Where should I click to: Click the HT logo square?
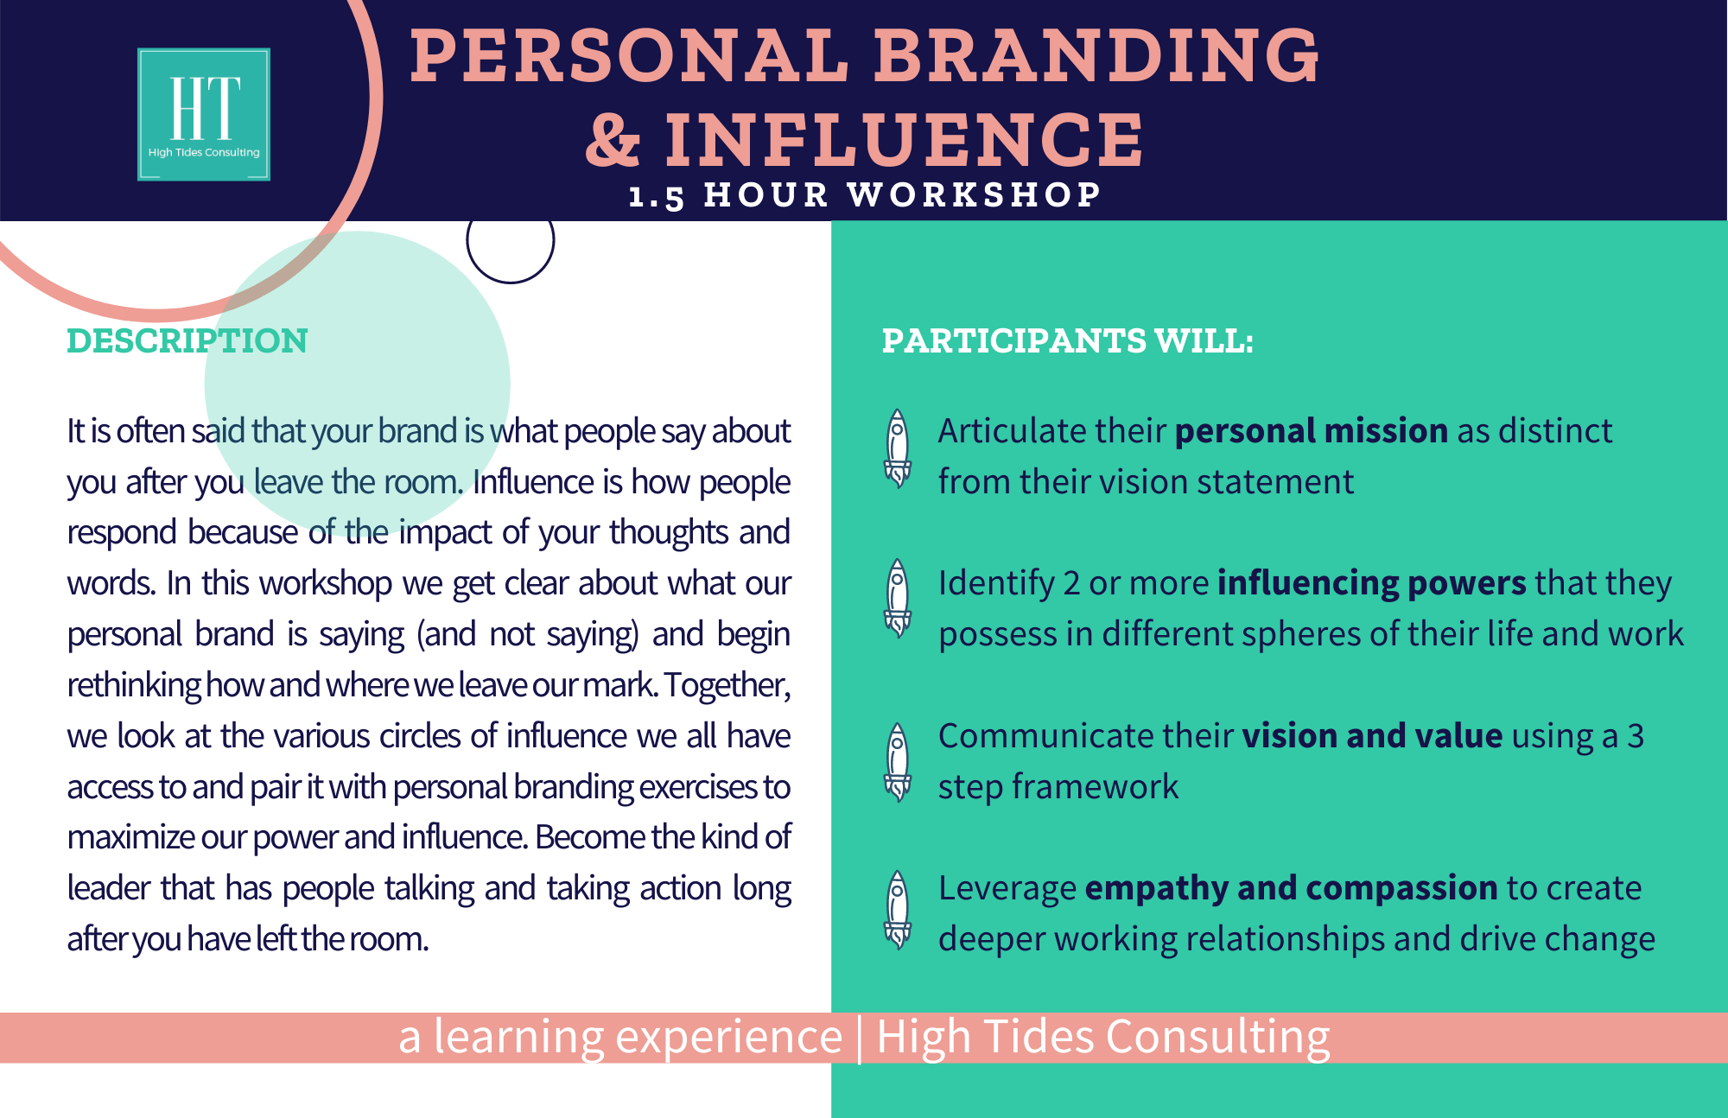click(x=204, y=114)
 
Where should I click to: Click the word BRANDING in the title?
click(x=1096, y=56)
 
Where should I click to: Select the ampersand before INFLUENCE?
click(x=613, y=139)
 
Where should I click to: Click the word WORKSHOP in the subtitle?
click(x=974, y=194)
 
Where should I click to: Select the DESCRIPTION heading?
click(x=187, y=341)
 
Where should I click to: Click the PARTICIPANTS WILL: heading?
click(x=1067, y=340)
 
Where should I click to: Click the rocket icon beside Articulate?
click(x=898, y=448)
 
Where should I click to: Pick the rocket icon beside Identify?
click(x=898, y=599)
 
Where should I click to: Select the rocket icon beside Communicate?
click(x=898, y=762)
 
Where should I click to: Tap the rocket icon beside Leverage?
click(x=898, y=911)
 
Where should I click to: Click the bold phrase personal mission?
click(x=1312, y=430)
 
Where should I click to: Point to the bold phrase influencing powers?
click(x=1372, y=583)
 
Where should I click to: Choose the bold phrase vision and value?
click(x=1373, y=735)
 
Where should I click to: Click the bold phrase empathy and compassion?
click(x=1292, y=888)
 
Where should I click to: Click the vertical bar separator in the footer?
click(x=860, y=1038)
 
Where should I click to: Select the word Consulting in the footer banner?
click(x=1218, y=1038)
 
